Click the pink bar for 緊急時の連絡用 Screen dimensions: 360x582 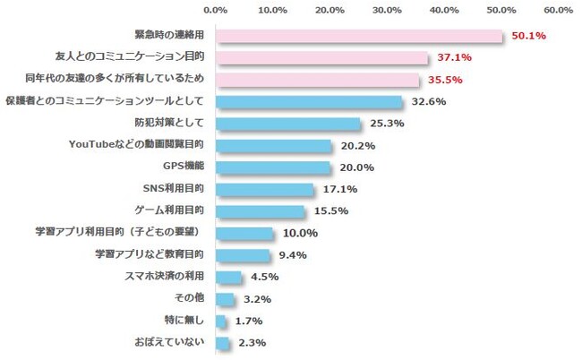pos(358,37)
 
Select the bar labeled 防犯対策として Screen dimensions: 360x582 pos(287,124)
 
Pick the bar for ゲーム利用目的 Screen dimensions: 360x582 pos(260,211)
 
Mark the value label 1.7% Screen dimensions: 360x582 pos(250,320)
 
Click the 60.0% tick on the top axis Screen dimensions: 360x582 pos(558,10)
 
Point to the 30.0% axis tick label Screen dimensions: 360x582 pos(387,10)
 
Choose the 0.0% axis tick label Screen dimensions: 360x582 pos(216,10)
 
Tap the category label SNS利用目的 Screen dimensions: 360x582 pos(173,189)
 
